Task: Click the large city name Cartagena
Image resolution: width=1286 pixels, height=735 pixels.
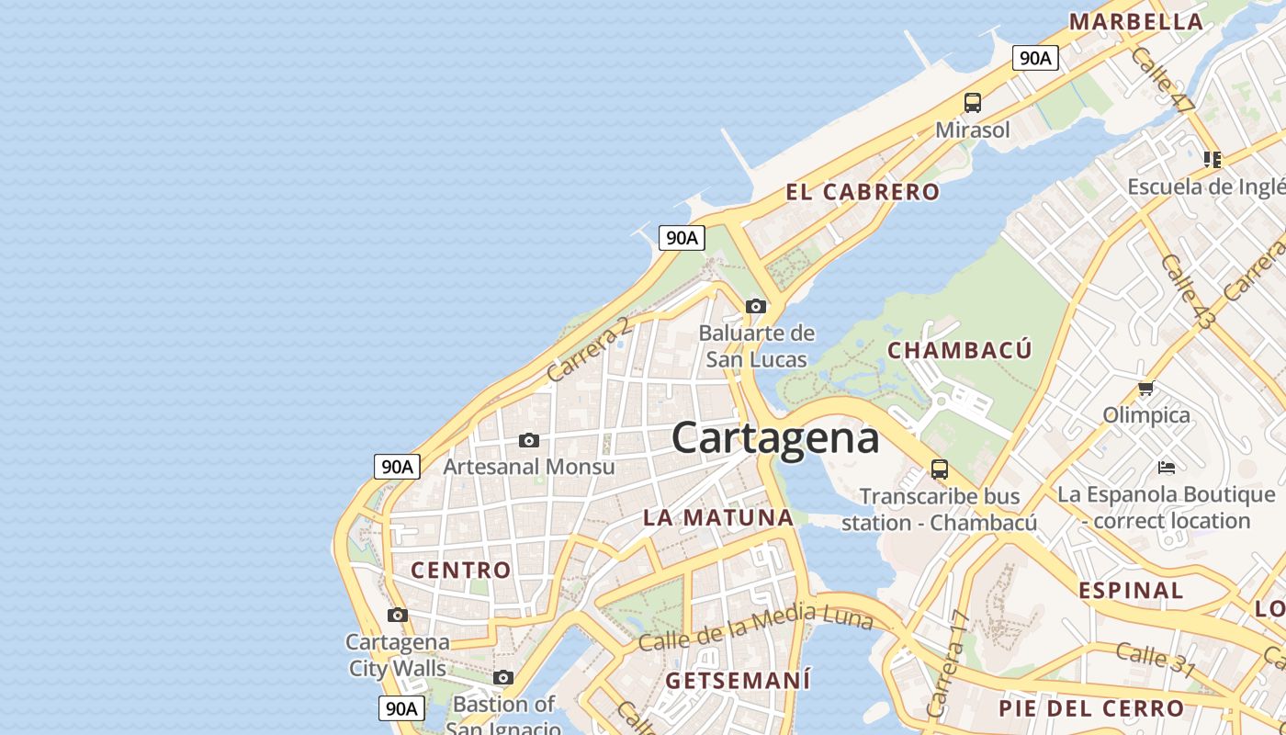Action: point(775,438)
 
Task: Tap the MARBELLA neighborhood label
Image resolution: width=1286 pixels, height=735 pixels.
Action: point(1135,21)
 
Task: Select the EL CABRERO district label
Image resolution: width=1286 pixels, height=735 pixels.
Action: point(863,192)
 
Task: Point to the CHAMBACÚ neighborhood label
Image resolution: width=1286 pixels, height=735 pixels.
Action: point(959,350)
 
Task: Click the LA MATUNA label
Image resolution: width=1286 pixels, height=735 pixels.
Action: point(718,517)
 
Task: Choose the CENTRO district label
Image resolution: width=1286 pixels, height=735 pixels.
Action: point(460,570)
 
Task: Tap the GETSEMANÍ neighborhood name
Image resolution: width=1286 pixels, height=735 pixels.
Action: point(738,681)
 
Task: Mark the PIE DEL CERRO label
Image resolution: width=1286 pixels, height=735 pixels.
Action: point(1091,708)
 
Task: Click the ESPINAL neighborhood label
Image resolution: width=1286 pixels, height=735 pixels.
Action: point(1131,590)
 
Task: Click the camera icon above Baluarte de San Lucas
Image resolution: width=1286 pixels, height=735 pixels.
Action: point(756,306)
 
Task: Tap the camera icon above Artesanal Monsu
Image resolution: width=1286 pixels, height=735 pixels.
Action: point(529,440)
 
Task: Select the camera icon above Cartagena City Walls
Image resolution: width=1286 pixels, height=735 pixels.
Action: point(398,615)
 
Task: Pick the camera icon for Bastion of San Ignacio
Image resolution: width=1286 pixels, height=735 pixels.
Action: point(503,678)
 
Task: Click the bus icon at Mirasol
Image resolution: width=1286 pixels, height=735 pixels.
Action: point(973,103)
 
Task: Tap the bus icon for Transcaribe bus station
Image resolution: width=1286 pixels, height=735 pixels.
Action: point(939,469)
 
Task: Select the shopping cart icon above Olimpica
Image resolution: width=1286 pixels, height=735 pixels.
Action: point(1145,388)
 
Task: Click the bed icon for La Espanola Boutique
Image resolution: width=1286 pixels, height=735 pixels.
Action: point(1167,467)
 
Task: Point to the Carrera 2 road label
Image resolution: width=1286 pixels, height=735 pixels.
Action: point(589,349)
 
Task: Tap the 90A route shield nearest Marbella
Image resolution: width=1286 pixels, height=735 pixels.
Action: point(1035,58)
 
